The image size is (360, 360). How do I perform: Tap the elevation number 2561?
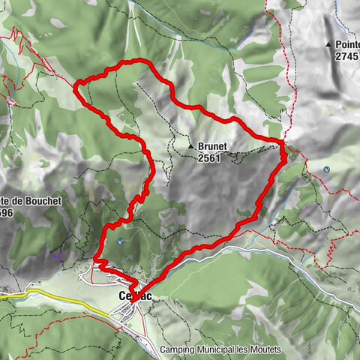pos(209,158)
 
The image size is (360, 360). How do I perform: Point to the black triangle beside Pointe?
pos(328,46)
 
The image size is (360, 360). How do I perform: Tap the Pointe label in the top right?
pos(346,46)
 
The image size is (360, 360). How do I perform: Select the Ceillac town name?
pos(136,296)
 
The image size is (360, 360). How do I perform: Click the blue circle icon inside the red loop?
pos(120,241)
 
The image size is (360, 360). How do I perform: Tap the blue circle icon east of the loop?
pos(327,169)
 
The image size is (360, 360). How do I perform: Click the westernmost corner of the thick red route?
pos(76,88)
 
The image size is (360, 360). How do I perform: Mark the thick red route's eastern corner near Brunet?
pos(283,142)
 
